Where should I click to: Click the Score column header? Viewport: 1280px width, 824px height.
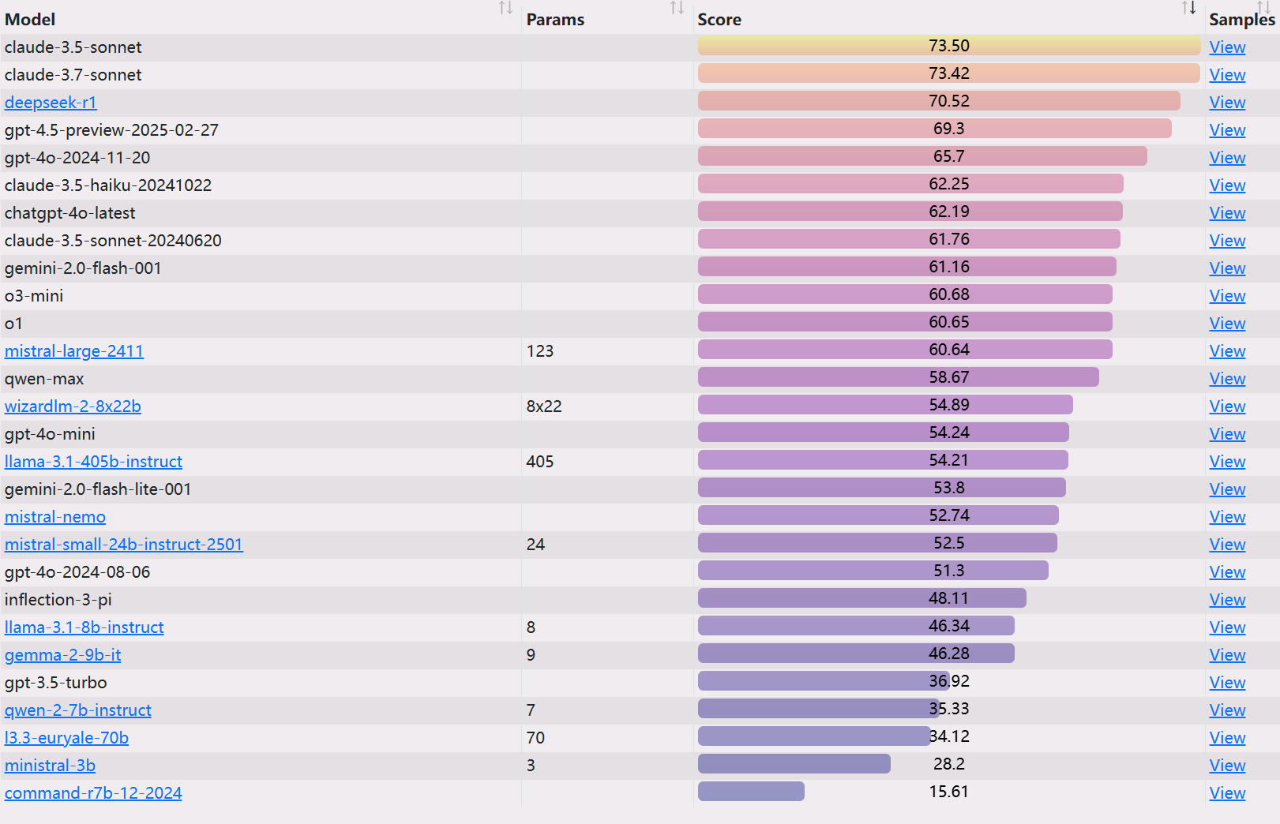click(719, 20)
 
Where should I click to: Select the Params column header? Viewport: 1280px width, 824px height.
click(555, 20)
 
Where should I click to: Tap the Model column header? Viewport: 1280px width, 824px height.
click(30, 20)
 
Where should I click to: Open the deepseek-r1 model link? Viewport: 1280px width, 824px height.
click(51, 103)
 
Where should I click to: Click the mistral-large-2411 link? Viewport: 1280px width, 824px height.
click(74, 351)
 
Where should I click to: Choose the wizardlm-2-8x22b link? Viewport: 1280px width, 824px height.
click(73, 406)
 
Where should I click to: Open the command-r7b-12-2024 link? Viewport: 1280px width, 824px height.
click(93, 793)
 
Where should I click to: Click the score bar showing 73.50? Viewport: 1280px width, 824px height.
click(948, 46)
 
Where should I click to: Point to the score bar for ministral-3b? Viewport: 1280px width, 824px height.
click(794, 764)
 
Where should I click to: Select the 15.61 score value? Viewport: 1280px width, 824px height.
click(948, 792)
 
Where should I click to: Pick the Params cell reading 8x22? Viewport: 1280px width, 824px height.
click(544, 406)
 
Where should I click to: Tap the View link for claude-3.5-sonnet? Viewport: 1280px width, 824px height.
click(1227, 47)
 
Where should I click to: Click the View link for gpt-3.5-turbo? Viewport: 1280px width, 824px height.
click(1227, 683)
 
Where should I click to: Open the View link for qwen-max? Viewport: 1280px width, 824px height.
click(1227, 379)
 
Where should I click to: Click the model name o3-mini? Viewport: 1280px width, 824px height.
click(34, 296)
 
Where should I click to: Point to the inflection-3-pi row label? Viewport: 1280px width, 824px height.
click(58, 600)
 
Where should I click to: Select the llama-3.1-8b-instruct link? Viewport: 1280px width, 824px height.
click(84, 627)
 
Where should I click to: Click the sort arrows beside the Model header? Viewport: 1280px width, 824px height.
click(506, 8)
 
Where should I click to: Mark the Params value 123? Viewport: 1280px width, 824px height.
click(540, 351)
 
